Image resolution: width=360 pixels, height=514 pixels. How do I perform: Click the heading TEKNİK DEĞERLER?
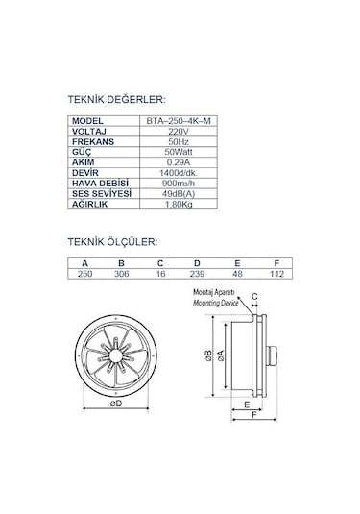click(x=117, y=98)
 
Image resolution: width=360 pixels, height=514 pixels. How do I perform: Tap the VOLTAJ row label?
click(x=89, y=132)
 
